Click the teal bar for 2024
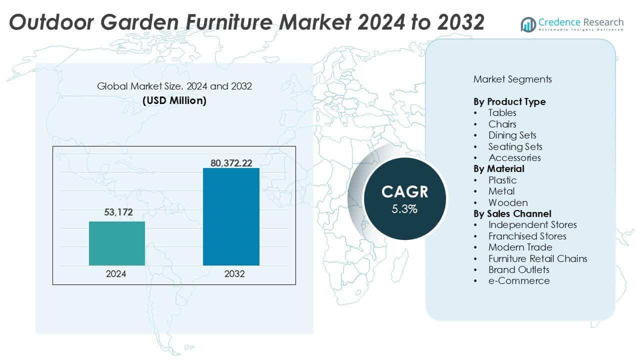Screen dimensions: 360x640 coord(117,243)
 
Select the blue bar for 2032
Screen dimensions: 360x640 coord(231,216)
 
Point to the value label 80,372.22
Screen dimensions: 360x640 coord(231,160)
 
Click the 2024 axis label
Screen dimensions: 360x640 coord(116,274)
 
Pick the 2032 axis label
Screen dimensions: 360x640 coord(231,274)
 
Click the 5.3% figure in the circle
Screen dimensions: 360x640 coord(404,209)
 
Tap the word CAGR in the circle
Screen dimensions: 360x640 coord(404,191)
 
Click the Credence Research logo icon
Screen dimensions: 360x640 coord(528,23)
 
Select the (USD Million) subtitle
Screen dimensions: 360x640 coord(174,100)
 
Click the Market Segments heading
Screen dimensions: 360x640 coord(512,79)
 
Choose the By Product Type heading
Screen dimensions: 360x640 coord(509,101)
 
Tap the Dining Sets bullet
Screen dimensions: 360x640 coord(512,135)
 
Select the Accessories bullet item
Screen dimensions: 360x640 coord(514,157)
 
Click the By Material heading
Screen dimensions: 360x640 coord(498,168)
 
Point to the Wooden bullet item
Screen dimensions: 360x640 coord(508,202)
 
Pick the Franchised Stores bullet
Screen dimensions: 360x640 coord(527,236)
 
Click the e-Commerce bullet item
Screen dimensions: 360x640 coord(518,280)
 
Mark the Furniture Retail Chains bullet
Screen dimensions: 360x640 coord(537,258)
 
